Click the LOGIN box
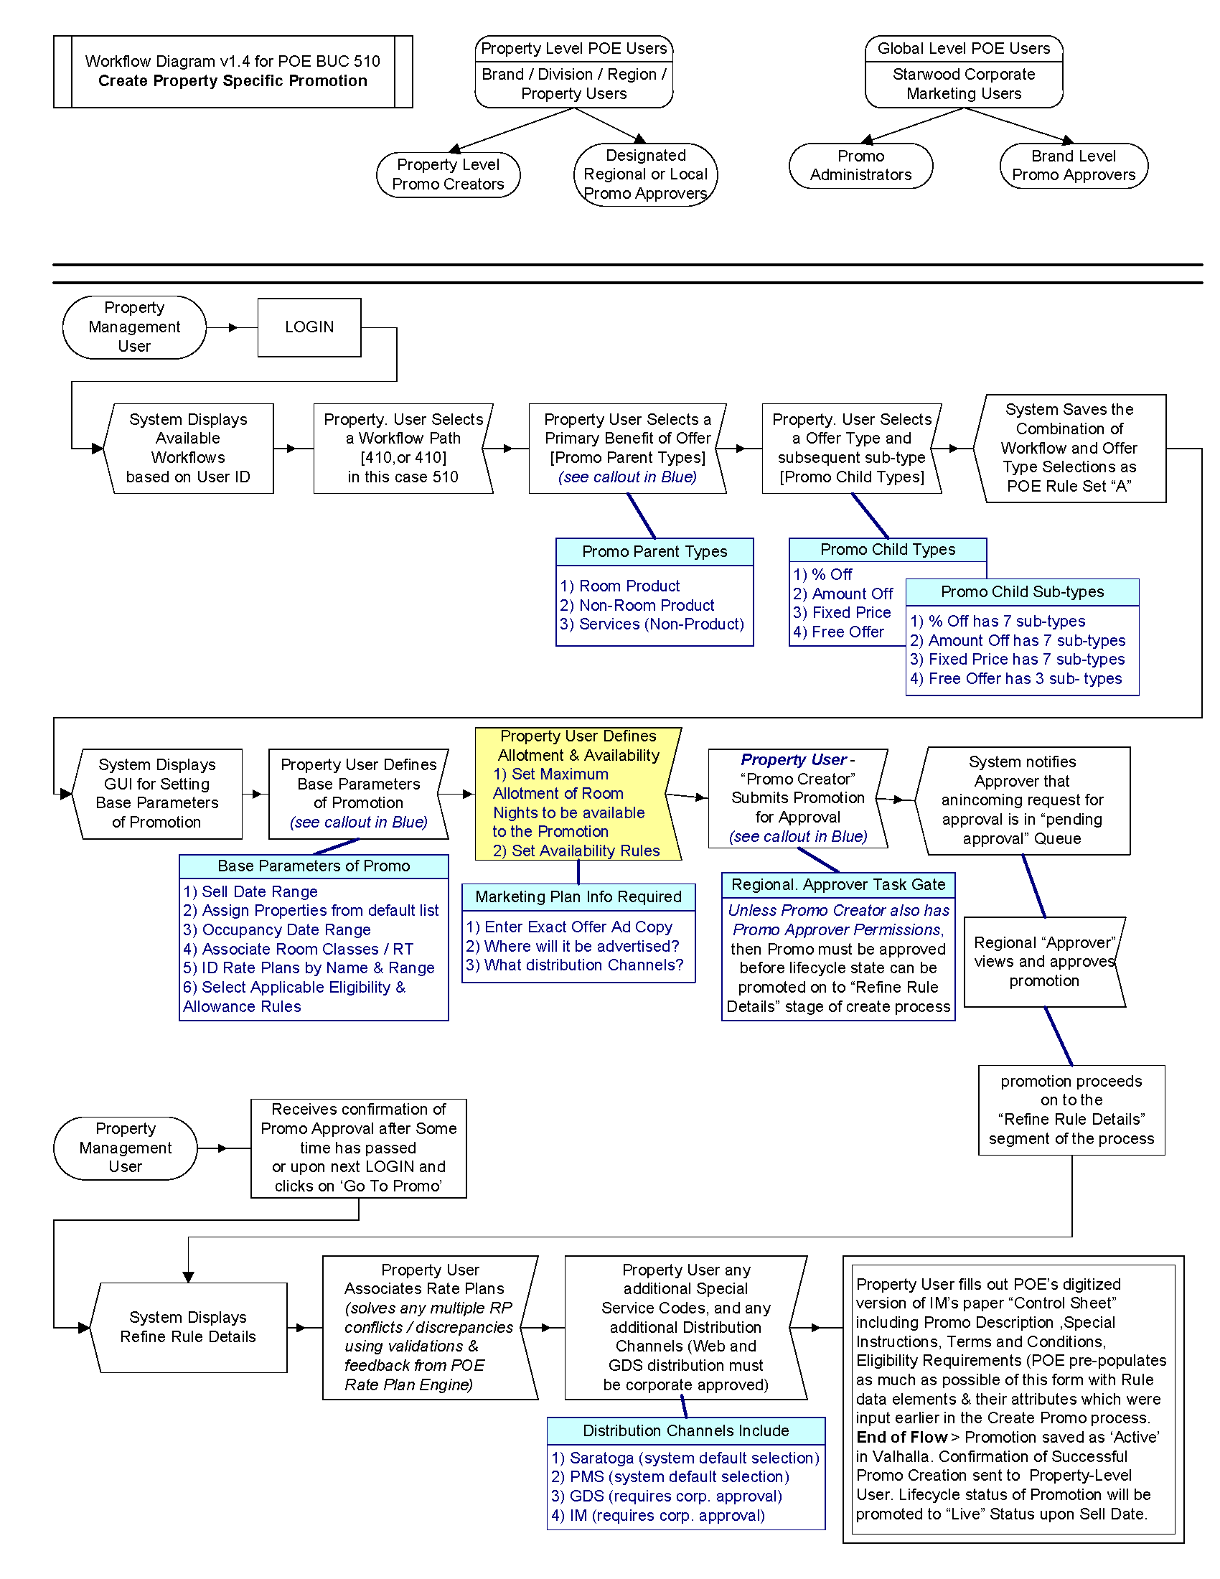(x=309, y=327)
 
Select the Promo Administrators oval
(x=860, y=166)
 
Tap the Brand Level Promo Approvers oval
(x=1074, y=166)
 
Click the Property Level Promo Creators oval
(x=448, y=174)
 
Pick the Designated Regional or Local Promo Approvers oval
(x=645, y=174)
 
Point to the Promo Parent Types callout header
(x=654, y=552)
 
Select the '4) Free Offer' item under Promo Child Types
(x=838, y=632)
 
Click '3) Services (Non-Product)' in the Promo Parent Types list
(x=651, y=624)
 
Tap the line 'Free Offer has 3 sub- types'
(x=1015, y=678)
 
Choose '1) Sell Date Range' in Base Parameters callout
(x=250, y=891)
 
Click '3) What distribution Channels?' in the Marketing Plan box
(x=574, y=965)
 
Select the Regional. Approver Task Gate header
(x=837, y=884)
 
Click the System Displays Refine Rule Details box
(x=189, y=1326)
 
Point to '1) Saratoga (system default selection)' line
(x=685, y=1458)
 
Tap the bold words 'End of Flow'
(x=901, y=1437)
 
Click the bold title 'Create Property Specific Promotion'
(x=233, y=81)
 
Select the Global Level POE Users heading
(x=963, y=48)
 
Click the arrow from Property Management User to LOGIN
(x=231, y=327)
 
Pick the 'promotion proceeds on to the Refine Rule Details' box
(x=1071, y=1110)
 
